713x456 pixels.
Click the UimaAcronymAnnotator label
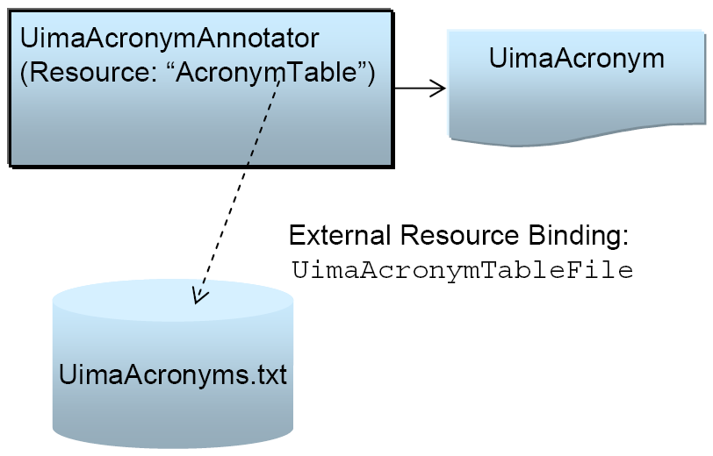point(169,39)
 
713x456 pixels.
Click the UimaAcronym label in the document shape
point(576,60)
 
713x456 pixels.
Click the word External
point(340,237)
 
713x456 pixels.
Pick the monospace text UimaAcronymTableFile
point(462,271)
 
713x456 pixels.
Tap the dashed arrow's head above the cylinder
point(199,296)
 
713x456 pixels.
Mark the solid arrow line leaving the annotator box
point(413,88)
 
